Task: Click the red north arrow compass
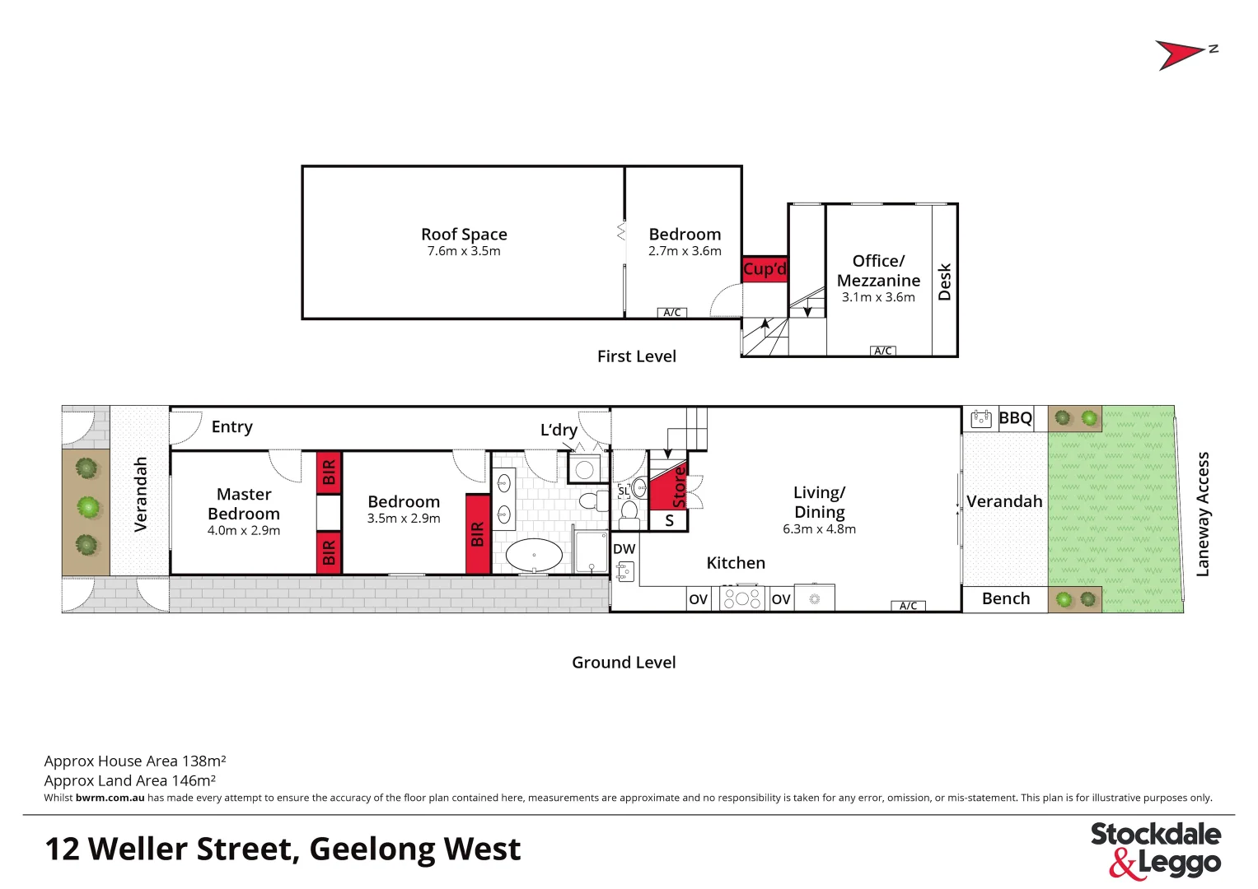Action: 1180,54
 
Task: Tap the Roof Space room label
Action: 464,235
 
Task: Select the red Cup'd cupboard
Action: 765,269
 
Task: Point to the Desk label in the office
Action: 945,282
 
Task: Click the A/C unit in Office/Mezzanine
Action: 883,351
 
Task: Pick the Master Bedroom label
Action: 244,504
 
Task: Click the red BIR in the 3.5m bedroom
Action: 478,534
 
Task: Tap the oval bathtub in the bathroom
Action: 534,556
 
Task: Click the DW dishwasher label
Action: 624,549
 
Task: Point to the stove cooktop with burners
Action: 742,598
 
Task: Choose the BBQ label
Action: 1015,418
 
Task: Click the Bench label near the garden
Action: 1006,599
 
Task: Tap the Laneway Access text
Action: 1203,514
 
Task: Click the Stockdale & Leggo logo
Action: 1156,849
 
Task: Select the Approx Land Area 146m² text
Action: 130,780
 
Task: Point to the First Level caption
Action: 637,356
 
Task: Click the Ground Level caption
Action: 624,663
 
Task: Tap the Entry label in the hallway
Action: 232,427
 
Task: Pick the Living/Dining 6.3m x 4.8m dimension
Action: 819,529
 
